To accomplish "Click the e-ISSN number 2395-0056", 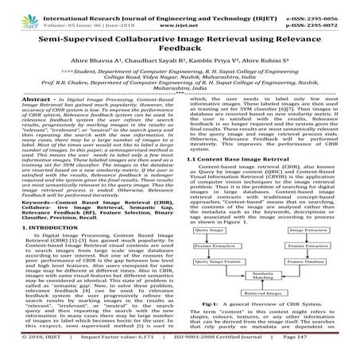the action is coord(333,7).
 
